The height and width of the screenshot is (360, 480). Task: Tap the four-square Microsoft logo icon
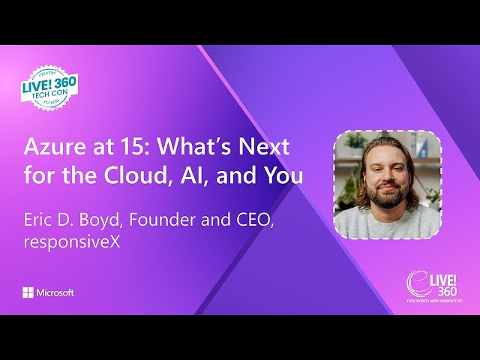click(28, 292)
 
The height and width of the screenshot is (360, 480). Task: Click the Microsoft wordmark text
click(55, 292)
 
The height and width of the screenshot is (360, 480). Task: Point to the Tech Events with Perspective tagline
click(434, 300)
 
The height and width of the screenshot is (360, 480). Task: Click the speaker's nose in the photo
click(386, 174)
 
